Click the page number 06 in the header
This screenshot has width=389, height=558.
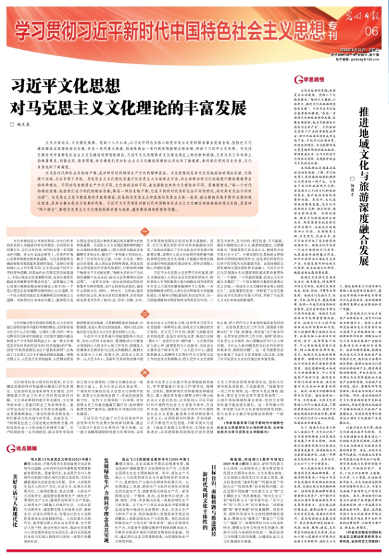(x=370, y=31)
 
